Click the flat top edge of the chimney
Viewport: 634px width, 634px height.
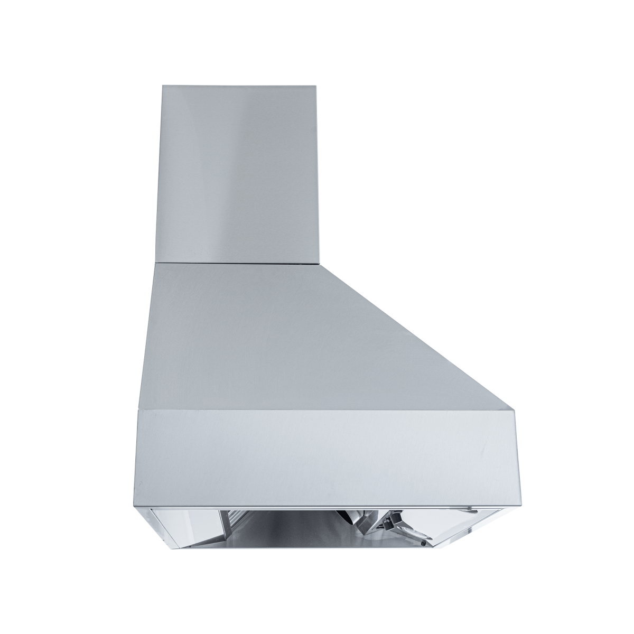(x=239, y=85)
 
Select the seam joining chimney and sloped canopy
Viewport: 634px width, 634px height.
(x=238, y=262)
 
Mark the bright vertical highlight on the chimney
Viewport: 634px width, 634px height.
(x=248, y=169)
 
